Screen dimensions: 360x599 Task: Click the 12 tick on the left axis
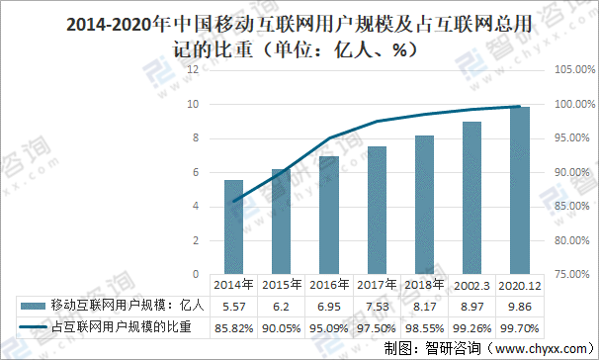click(x=194, y=69)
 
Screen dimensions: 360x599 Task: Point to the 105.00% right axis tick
click(x=571, y=69)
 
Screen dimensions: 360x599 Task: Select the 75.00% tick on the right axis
click(x=571, y=275)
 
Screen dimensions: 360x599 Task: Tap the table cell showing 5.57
click(x=233, y=306)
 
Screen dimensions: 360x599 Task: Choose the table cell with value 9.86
click(x=520, y=306)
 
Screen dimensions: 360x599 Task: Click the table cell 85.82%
click(x=233, y=326)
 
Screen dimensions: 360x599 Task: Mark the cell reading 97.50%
click(x=378, y=326)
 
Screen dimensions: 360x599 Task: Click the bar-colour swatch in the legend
click(x=32, y=306)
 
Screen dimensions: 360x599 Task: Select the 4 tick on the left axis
click(x=194, y=207)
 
